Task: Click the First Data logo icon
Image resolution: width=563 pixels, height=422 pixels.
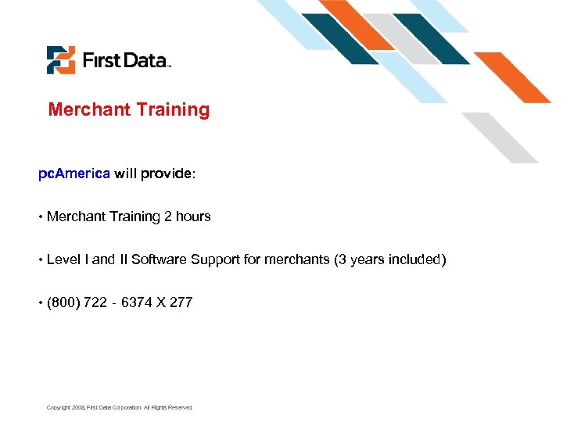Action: click(61, 60)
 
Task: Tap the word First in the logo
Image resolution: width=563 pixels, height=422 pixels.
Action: click(101, 60)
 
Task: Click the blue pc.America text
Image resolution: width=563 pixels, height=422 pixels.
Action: click(74, 173)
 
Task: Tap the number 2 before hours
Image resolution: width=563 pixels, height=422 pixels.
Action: click(167, 216)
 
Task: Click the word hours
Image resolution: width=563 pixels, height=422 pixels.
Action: click(193, 216)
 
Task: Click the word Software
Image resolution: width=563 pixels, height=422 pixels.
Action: click(157, 259)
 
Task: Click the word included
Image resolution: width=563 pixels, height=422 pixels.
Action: click(417, 259)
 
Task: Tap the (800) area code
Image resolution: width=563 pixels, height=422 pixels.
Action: click(63, 302)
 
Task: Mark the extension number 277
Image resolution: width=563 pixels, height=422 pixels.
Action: click(181, 302)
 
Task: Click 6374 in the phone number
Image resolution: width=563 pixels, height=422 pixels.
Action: click(137, 302)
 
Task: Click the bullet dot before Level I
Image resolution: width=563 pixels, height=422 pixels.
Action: click(41, 259)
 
